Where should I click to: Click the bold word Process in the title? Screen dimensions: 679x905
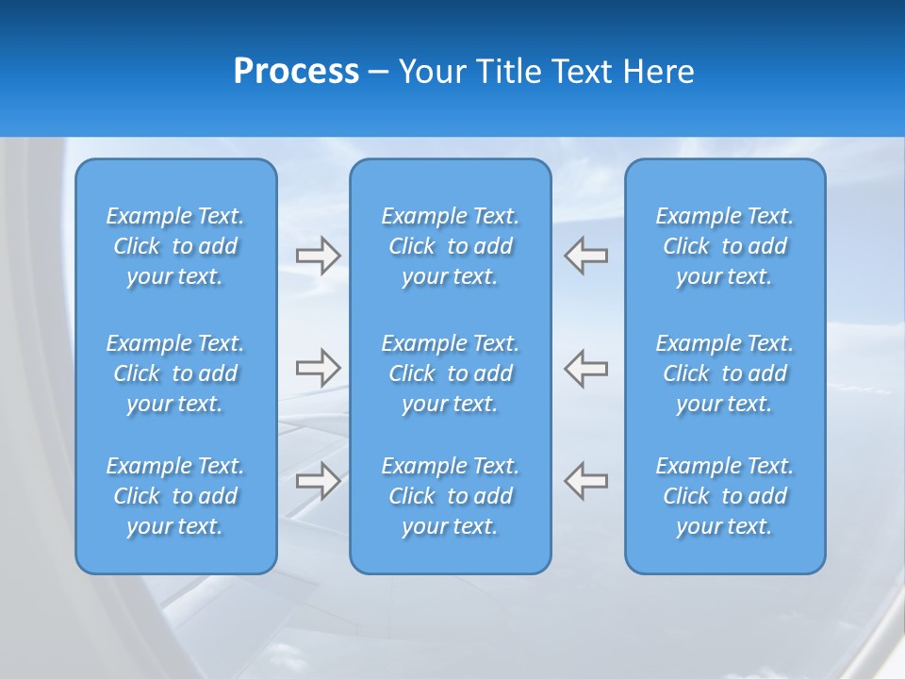pos(296,72)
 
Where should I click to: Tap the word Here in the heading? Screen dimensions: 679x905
pos(659,72)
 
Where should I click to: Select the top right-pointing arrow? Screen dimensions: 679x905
pos(318,256)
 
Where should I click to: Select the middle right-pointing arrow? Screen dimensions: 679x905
pos(318,367)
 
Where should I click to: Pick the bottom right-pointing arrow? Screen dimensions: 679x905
pos(318,480)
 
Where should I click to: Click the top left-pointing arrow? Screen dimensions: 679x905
pos(586,256)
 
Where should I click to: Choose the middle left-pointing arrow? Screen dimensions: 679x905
pos(586,367)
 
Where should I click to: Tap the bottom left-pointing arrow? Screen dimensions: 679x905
pos(586,480)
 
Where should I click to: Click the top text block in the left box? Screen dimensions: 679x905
pos(175,246)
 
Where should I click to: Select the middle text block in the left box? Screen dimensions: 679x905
pos(175,373)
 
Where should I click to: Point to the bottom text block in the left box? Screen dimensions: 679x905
pos(175,496)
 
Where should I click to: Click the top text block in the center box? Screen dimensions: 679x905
pos(450,246)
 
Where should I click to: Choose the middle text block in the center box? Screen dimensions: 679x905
pos(450,373)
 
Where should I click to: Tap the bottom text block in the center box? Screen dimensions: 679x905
pos(450,496)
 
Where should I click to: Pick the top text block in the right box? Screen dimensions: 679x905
pos(724,246)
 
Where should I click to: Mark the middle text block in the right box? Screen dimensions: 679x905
pos(724,373)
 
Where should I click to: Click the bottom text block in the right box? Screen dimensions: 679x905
pos(724,496)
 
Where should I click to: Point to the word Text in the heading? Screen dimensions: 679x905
pos(584,72)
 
